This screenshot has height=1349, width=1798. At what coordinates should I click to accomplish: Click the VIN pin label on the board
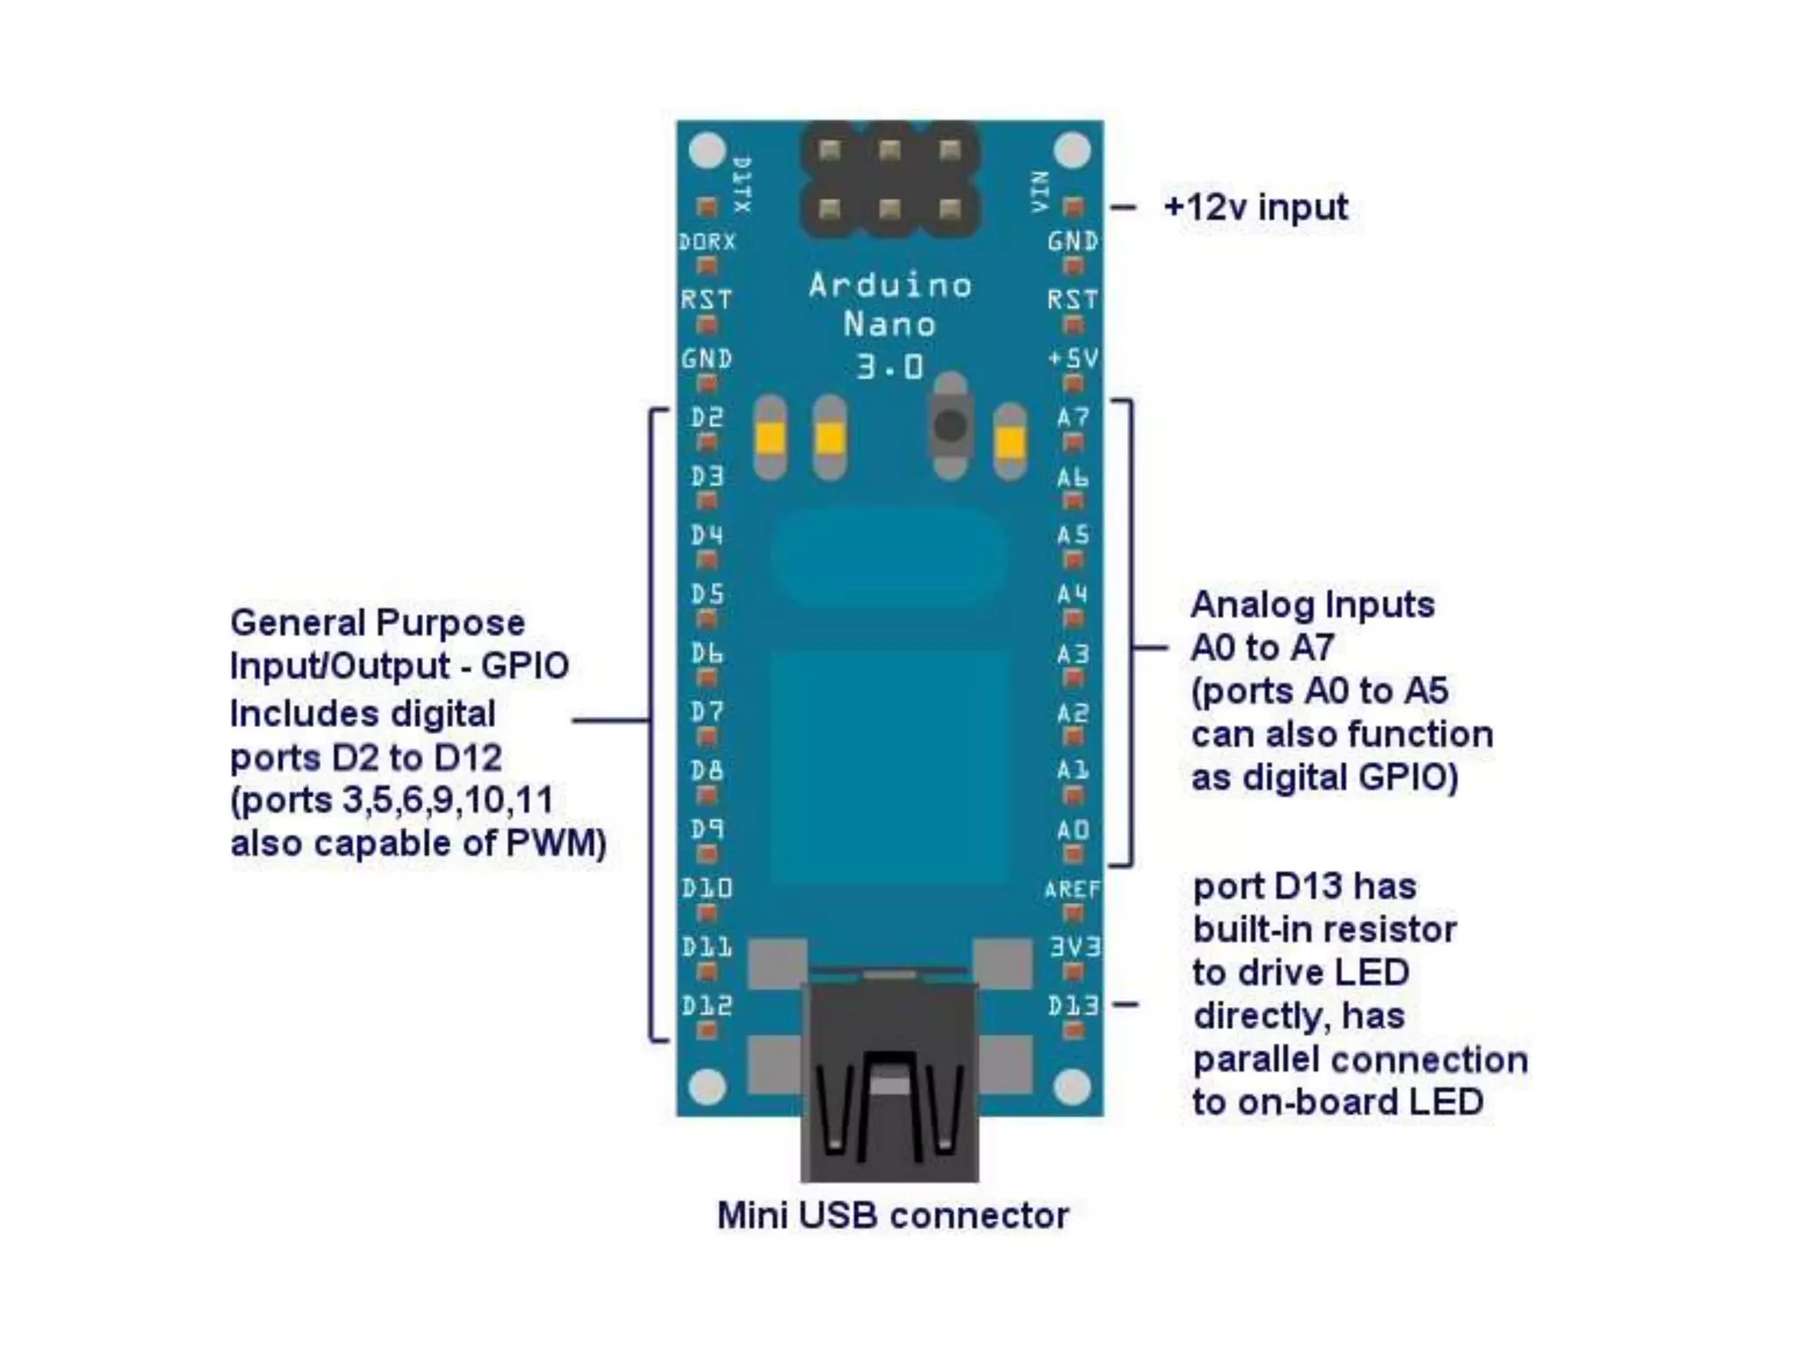pos(1040,191)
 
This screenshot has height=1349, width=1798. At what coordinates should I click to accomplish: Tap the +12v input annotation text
pos(1255,207)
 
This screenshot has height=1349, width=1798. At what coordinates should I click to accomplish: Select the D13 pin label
pos(1073,1005)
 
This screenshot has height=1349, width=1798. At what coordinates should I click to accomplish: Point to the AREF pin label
pos(1072,889)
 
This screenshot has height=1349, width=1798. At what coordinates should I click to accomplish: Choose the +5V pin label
pos(1073,357)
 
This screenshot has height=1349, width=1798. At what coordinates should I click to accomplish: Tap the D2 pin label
pos(707,417)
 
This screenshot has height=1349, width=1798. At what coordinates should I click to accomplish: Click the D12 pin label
pos(707,1005)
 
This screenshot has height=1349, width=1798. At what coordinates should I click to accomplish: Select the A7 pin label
pos(1073,417)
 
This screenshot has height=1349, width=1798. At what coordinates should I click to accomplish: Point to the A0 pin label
pos(1073,829)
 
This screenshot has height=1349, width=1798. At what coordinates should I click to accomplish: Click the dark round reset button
pos(950,427)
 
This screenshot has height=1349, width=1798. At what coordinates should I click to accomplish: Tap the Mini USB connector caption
pos(893,1216)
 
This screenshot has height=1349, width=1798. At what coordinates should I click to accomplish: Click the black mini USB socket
pos(889,1089)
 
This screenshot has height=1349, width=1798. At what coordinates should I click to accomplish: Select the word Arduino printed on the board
pos(890,285)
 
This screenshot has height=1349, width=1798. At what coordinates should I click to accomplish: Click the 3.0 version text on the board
pos(890,366)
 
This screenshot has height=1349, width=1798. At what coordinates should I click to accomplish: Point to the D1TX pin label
pos(742,184)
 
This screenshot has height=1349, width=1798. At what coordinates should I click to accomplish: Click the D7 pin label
pos(707,711)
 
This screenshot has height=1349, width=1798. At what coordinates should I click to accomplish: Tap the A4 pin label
pos(1073,595)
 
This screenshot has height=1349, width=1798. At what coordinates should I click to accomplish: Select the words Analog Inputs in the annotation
pos(1313,604)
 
